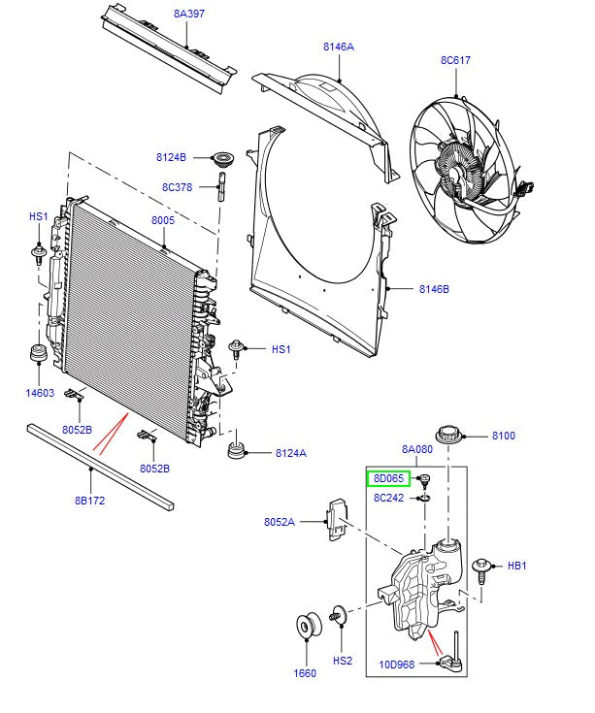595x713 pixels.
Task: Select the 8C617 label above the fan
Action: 455,60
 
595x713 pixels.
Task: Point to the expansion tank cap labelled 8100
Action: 448,436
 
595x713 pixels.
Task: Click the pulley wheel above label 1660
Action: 308,627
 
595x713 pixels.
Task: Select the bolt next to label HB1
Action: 482,567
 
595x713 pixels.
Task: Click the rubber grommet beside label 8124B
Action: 227,158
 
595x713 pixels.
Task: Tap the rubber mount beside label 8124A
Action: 236,452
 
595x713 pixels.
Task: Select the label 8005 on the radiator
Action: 162,221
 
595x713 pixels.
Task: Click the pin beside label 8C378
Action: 221,184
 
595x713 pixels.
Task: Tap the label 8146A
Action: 339,47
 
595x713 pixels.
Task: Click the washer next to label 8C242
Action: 425,499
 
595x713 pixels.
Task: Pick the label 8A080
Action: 417,449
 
